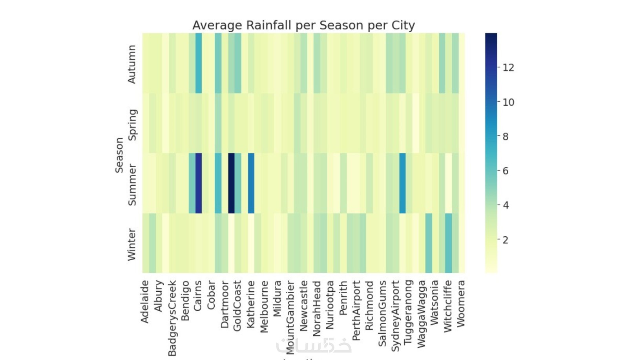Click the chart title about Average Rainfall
coord(303,26)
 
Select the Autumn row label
coord(132,64)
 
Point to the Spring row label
coord(133,124)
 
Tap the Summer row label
coord(132,185)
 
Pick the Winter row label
coord(132,245)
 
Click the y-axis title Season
coord(119,155)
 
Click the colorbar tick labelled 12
coord(508,68)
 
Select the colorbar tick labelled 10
coord(508,102)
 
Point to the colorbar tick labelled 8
coord(506,137)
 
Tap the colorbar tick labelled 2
coord(506,240)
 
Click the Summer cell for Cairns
coord(199,183)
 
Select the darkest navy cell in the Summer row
coord(231,183)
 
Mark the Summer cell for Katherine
coord(251,183)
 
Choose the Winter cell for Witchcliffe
coord(449,243)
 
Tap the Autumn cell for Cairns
coord(199,63)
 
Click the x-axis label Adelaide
coord(145,302)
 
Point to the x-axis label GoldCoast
coord(237,306)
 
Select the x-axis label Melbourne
coord(264,307)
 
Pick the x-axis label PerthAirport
coord(356,311)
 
